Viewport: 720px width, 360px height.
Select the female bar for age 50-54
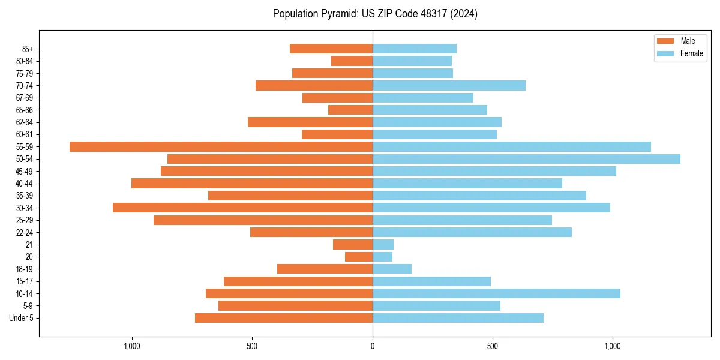tap(526, 159)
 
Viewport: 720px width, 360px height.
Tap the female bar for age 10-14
tap(496, 293)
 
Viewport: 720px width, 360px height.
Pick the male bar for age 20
tap(359, 257)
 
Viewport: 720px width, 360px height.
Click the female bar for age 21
tap(383, 244)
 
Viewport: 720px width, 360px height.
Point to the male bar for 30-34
tap(242, 208)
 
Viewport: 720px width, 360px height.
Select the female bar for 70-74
tap(449, 85)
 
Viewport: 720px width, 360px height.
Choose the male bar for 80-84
tap(352, 61)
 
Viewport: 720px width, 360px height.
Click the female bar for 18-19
tap(392, 269)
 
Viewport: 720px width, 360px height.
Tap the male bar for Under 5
tap(284, 318)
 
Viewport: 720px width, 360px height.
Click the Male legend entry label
tap(688, 41)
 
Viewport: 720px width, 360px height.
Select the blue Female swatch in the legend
tap(665, 53)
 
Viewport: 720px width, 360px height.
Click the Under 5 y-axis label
tap(21, 318)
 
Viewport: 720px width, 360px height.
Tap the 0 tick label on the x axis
tap(373, 346)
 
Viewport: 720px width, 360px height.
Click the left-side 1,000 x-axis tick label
tap(131, 346)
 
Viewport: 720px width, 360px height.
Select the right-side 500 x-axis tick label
tap(493, 346)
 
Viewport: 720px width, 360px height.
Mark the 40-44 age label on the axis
tap(25, 184)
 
